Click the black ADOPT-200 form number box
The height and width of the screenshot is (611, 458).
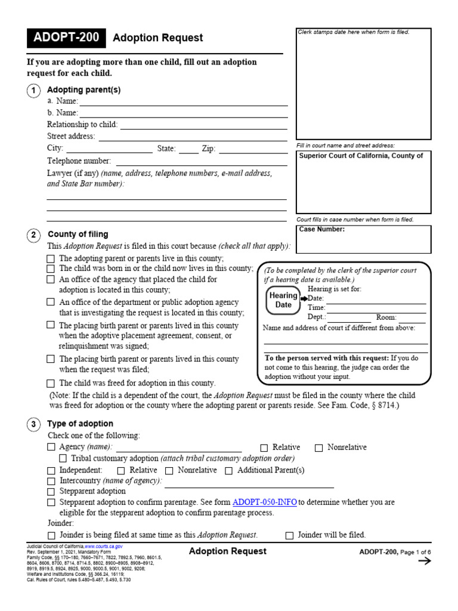[66, 38]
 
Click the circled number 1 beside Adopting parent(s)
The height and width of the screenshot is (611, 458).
[34, 90]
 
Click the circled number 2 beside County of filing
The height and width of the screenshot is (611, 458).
[34, 235]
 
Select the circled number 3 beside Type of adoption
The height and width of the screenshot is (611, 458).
[34, 424]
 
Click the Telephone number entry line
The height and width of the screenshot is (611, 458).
[201, 161]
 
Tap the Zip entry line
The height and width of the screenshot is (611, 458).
[253, 149]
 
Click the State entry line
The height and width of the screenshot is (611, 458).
[188, 149]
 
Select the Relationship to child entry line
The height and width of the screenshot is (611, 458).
[203, 125]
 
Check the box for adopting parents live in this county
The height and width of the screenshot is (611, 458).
[51, 259]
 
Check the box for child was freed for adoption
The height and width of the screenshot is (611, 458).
[51, 384]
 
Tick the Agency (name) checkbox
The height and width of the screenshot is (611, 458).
[51, 448]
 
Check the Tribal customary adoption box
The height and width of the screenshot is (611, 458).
[63, 459]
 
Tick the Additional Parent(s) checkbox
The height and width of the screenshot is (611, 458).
[229, 471]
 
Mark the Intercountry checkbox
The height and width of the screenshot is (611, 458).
[51, 481]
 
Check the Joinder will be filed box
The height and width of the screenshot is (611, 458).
[290, 535]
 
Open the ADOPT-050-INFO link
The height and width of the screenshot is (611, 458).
[264, 502]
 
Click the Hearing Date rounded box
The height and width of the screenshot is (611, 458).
[283, 300]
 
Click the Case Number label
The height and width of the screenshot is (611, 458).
[321, 229]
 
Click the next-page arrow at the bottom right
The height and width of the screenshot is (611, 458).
[424, 561]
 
